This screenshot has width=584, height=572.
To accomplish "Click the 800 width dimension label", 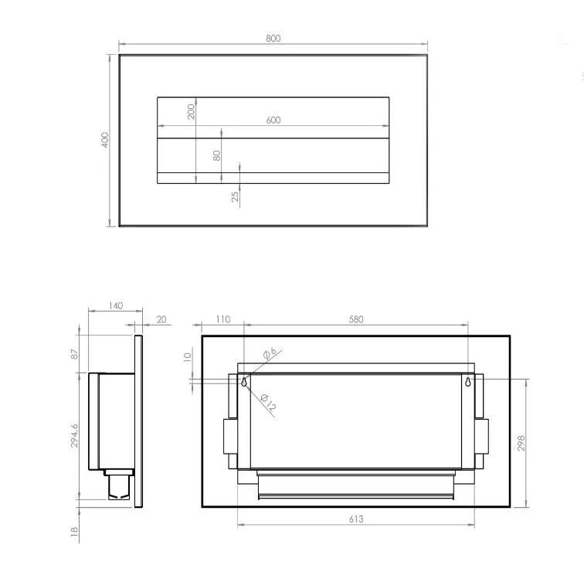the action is click(273, 39).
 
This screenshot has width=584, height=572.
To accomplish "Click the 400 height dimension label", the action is click(105, 140).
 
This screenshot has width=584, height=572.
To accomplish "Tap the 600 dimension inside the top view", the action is click(273, 120).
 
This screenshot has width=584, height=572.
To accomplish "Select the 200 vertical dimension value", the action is click(191, 111).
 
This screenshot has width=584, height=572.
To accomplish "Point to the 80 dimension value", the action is click(217, 155).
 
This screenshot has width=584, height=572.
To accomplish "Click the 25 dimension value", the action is click(235, 196).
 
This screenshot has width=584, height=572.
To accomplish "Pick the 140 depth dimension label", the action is click(116, 306).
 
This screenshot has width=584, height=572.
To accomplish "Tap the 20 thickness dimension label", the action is click(161, 319).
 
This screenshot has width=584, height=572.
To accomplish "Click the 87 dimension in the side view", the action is click(75, 354).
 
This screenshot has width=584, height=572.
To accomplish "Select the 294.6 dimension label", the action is click(74, 436).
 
